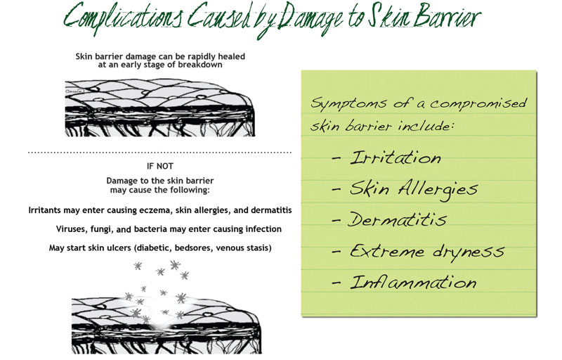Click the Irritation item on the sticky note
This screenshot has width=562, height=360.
coord(396,157)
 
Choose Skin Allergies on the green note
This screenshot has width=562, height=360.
coord(414,188)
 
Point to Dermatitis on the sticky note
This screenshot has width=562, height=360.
coord(397,219)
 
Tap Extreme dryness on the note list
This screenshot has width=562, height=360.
coord(427,252)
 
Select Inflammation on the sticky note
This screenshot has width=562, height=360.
coord(413,282)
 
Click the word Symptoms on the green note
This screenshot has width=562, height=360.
coord(348,103)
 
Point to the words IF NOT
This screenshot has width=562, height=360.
coord(160,167)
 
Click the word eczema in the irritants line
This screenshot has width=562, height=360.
coord(159,210)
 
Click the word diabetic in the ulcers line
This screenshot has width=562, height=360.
coord(153,247)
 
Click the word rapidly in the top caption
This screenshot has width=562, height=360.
coord(202,57)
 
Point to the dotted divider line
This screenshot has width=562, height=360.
coord(160,153)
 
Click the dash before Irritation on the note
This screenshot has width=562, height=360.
coord(336,158)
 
